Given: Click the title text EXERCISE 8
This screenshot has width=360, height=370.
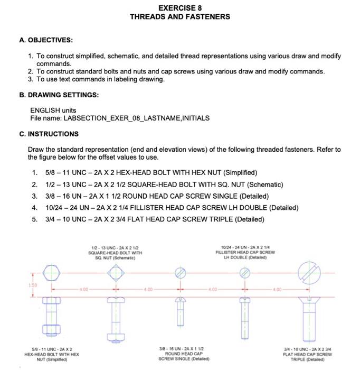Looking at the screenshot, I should click(x=179, y=8).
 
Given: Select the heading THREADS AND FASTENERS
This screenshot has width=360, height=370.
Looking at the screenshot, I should click(x=179, y=17).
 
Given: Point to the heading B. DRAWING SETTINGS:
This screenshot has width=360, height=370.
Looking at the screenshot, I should click(x=59, y=95).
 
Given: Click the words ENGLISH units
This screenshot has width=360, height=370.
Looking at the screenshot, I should click(x=53, y=110).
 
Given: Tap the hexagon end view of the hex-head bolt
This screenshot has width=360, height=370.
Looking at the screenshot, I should click(x=51, y=273).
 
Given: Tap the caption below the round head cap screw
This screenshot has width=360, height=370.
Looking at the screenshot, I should click(x=181, y=354).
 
